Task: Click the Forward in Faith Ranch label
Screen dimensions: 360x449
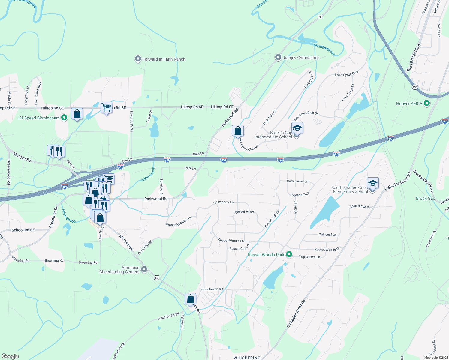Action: pyautogui.click(x=164, y=59)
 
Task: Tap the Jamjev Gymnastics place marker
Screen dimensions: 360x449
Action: pyautogui.click(x=278, y=57)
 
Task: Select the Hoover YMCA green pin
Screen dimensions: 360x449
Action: pyautogui.click(x=426, y=103)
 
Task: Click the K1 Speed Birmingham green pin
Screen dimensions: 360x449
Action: pyautogui.click(x=64, y=118)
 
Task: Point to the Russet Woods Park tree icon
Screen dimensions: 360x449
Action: pyautogui.click(x=289, y=254)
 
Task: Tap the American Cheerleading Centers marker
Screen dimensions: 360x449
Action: pyautogui.click(x=144, y=269)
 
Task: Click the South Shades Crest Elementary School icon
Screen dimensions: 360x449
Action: pyautogui.click(x=372, y=183)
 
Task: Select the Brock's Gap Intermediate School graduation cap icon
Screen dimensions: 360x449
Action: pyautogui.click(x=297, y=128)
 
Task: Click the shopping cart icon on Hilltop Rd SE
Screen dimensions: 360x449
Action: pyautogui.click(x=106, y=107)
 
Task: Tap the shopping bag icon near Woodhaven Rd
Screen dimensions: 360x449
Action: pyautogui.click(x=190, y=299)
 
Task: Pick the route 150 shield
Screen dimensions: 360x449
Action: pyautogui.click(x=415, y=87)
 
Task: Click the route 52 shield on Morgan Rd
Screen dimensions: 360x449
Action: pyautogui.click(x=157, y=277)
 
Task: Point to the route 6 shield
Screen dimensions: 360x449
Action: pyautogui.click(x=320, y=17)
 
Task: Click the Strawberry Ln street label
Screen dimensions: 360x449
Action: pyautogui.click(x=223, y=202)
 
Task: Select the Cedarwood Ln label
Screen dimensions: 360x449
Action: pyautogui.click(x=297, y=181)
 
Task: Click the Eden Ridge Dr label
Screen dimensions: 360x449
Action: pyautogui.click(x=360, y=206)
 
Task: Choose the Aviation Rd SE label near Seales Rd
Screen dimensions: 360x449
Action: pyautogui.click(x=169, y=316)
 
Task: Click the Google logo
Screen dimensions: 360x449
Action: pyautogui.click(x=10, y=356)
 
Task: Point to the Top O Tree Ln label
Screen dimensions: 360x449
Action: pyautogui.click(x=309, y=257)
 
